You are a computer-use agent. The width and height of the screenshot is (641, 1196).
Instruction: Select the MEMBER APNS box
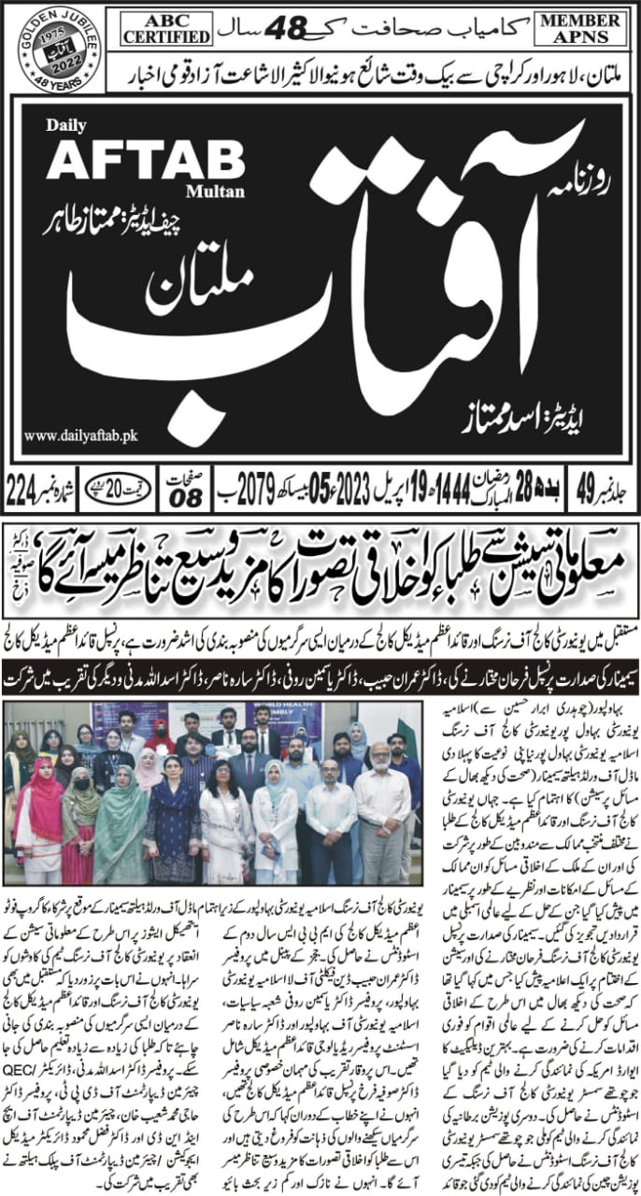coord(583,29)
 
